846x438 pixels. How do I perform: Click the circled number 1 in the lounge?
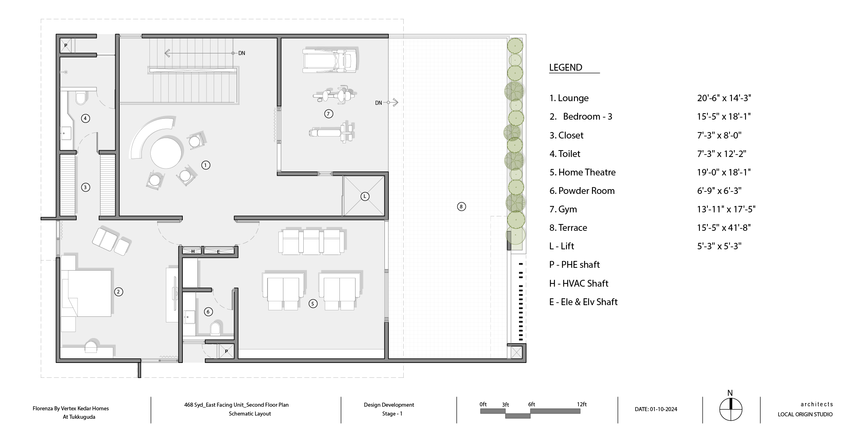tap(206, 165)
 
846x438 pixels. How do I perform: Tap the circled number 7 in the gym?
tap(328, 114)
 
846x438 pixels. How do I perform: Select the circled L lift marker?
tap(365, 196)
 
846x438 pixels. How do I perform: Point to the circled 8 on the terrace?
tap(461, 207)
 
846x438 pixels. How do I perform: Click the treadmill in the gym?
tap(329, 60)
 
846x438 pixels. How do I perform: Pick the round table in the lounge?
tap(166, 153)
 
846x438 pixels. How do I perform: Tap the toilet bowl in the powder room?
tap(216, 328)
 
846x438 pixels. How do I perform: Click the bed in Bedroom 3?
tap(86, 293)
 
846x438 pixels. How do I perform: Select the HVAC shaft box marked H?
tap(193, 251)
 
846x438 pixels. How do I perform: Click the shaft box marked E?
tap(219, 251)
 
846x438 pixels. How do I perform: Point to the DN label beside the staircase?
tap(241, 53)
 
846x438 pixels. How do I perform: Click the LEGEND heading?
tap(566, 67)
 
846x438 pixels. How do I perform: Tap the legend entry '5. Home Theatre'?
tap(582, 172)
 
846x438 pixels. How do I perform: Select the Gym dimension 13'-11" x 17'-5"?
tap(726, 209)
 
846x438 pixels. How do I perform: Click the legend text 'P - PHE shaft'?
tap(574, 265)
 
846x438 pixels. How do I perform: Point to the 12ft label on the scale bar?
tap(582, 404)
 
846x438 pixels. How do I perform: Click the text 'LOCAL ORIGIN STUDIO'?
tap(805, 414)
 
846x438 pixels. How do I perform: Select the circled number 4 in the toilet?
tap(85, 118)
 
